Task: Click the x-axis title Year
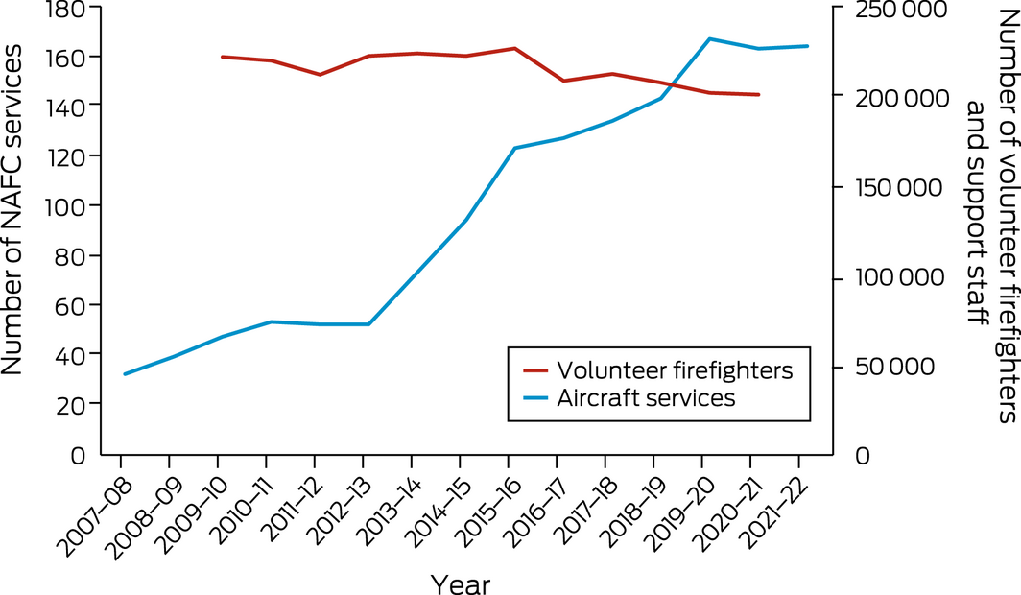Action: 462,582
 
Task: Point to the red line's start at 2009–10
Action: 222,57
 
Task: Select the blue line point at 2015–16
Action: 514,148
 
